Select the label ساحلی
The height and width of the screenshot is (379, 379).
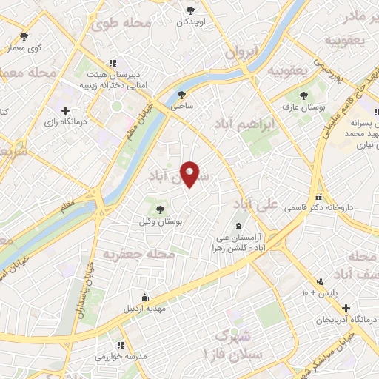182,107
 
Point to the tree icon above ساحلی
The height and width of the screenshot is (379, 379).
182,94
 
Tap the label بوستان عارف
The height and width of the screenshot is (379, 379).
303,107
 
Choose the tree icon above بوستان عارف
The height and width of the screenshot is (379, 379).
303,95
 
